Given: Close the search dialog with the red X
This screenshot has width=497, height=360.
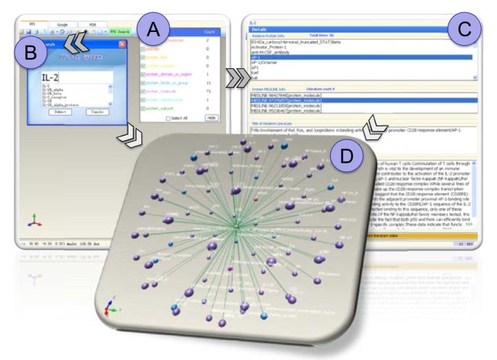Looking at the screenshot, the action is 122,45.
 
